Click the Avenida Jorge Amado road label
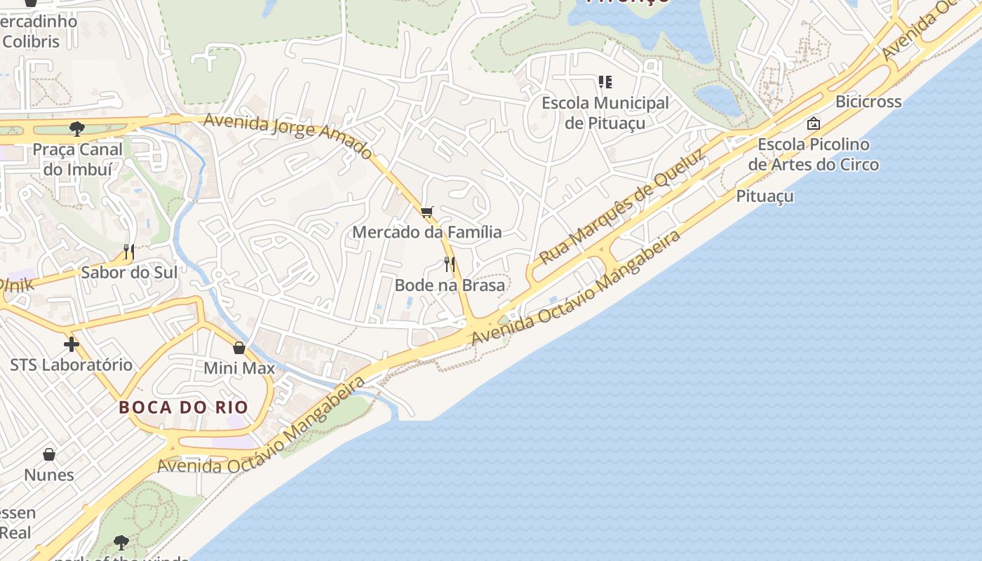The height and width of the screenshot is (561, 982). (288, 135)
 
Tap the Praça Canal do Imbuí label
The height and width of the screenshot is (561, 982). (77, 159)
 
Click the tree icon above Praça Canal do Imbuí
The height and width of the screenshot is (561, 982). (76, 128)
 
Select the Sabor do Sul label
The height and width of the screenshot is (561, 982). (129, 272)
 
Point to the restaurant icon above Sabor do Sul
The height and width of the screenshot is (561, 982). (129, 252)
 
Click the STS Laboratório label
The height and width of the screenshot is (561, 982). (71, 365)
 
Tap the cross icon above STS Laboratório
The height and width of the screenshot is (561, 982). (71, 344)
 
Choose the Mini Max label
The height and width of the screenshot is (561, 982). (239, 368)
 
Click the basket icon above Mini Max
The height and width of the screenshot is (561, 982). (239, 348)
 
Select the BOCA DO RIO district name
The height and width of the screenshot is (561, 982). (183, 407)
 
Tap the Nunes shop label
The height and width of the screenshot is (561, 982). (49, 475)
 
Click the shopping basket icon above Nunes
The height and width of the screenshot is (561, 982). (49, 454)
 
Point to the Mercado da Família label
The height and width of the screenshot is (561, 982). (427, 232)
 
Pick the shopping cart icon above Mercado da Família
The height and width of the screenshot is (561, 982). (427, 212)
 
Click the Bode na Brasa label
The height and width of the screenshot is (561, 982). (450, 285)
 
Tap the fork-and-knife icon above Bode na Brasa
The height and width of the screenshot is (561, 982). (450, 264)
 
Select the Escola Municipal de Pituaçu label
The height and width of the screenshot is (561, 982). (605, 113)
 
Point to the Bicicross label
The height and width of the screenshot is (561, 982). (868, 102)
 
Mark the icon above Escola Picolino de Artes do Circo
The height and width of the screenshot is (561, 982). (814, 123)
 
